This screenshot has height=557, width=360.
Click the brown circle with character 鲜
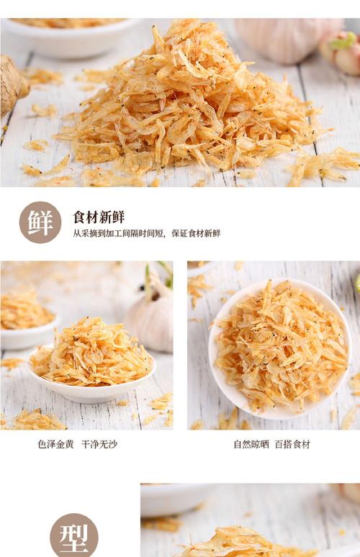[x=40, y=222]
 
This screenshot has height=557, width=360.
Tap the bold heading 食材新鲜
[x=99, y=217]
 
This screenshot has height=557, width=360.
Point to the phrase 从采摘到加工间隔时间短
[x=118, y=233]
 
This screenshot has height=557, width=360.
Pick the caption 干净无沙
[x=99, y=444]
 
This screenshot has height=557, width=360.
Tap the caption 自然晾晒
[x=251, y=444]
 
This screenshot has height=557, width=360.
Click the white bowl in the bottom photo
[x=176, y=500]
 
